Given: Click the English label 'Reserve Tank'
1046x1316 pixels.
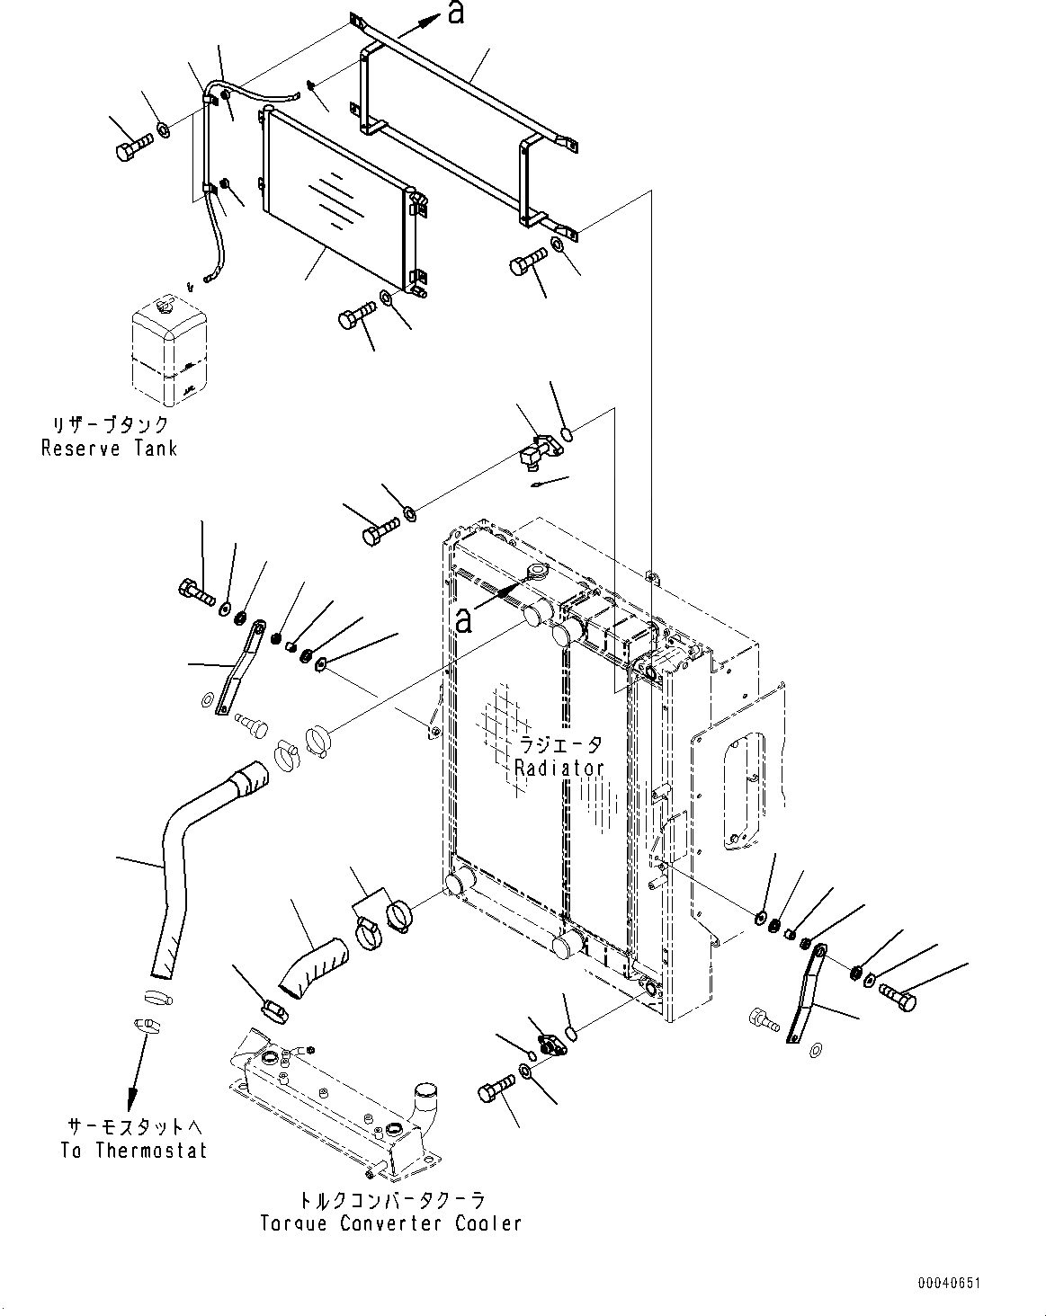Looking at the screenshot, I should point(110,449).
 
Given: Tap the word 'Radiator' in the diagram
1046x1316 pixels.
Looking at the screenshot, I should point(559,769).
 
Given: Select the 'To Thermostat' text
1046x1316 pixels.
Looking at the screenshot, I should point(134,1151).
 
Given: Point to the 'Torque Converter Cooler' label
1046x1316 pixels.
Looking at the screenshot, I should point(390,1223).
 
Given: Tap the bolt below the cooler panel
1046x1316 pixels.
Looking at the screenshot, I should point(357,317).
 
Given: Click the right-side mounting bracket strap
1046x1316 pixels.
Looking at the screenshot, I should point(807,994).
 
